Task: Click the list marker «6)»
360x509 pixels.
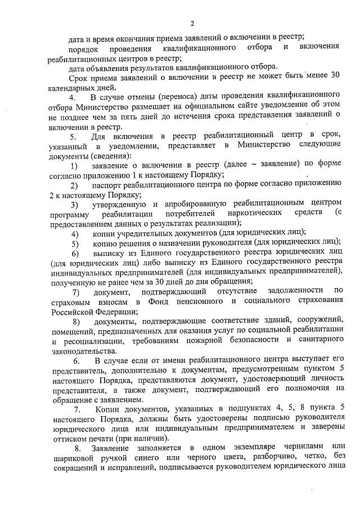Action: [74, 253]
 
